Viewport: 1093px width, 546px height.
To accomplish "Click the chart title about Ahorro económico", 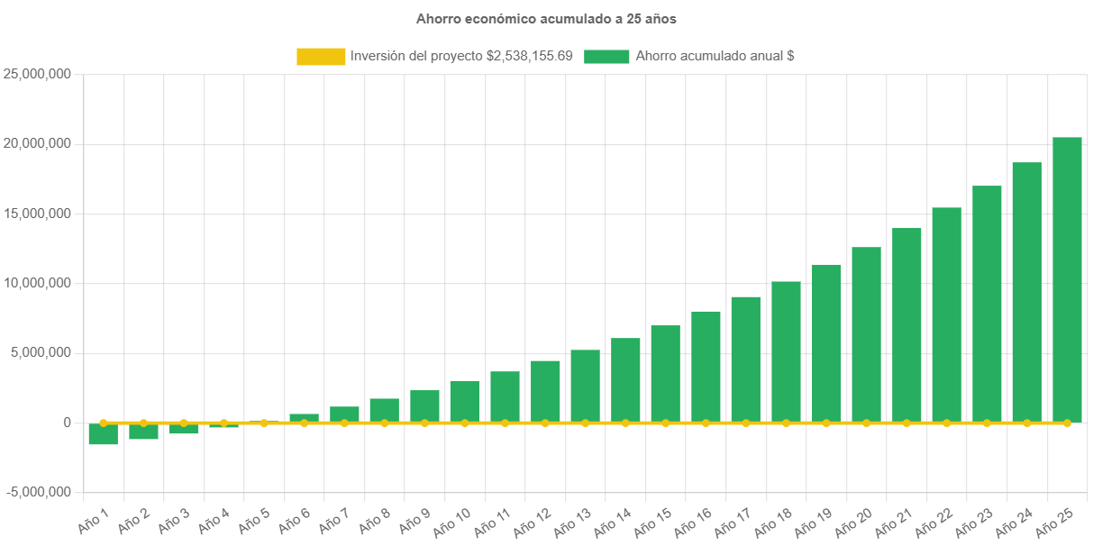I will tap(546, 18).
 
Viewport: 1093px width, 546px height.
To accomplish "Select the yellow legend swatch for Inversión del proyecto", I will tap(321, 56).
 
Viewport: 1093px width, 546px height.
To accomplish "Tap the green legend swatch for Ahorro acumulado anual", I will tap(606, 56).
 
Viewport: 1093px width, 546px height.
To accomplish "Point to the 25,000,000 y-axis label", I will tap(38, 74).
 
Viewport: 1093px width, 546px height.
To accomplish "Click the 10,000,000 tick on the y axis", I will tap(38, 283).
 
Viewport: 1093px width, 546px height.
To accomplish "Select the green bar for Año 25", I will tap(1067, 279).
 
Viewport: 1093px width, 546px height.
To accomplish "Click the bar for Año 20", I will tap(866, 334).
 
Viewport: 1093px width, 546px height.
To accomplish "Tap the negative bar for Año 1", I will tap(103, 434).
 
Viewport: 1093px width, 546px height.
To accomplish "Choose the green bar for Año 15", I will tap(665, 373).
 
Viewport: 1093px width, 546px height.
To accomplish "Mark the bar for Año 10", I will tap(465, 401).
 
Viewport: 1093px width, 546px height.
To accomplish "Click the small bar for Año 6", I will tap(304, 417).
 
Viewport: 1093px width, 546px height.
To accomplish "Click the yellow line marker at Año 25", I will tap(1067, 423).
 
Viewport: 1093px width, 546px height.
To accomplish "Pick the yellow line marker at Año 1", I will tap(103, 423).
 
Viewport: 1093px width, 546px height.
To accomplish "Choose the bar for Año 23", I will tap(987, 304).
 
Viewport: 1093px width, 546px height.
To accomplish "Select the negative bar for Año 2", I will tap(143, 432).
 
